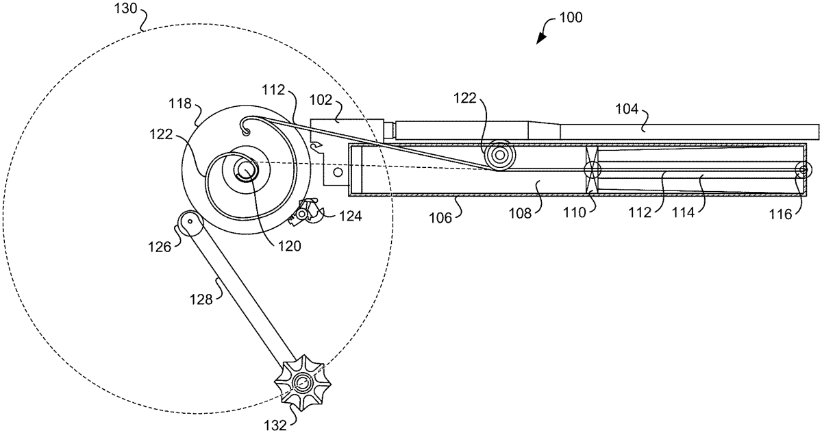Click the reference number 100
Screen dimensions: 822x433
(571, 18)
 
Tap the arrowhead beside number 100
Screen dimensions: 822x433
(541, 39)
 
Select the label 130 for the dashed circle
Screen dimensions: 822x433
(125, 8)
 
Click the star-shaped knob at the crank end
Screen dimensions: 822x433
(303, 383)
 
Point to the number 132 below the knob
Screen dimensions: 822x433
(275, 425)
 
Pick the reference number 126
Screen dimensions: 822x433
(160, 247)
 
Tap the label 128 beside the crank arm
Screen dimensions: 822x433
(201, 300)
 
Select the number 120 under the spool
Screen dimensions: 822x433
(290, 246)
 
